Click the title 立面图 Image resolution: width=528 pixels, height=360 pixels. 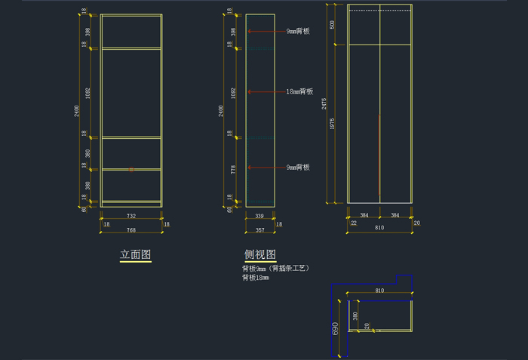pos(135,255)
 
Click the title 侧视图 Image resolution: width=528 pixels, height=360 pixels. pos(259,254)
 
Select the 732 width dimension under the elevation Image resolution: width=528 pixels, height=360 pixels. pos(131,215)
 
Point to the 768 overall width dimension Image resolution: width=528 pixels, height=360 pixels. pos(131,229)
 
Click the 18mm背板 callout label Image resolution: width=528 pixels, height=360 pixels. pos(299,91)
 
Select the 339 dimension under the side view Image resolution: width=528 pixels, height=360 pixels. pos(259,215)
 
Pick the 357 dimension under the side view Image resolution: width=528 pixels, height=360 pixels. pos(259,229)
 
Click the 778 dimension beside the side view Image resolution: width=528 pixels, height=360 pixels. pos(233,171)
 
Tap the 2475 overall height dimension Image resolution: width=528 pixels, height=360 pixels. pos(324,103)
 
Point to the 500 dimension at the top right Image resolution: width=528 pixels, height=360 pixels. pos(333,24)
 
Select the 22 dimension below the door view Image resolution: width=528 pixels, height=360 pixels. pos(353,223)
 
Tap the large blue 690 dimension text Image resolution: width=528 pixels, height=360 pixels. pos(336,329)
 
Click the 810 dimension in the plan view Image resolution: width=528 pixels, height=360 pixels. pos(379,291)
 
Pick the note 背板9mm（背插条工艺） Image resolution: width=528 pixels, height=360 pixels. pos(276,268)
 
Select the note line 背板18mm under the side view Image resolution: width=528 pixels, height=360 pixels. pos(256,278)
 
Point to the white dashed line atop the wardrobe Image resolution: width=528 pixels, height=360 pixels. pos(379,11)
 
